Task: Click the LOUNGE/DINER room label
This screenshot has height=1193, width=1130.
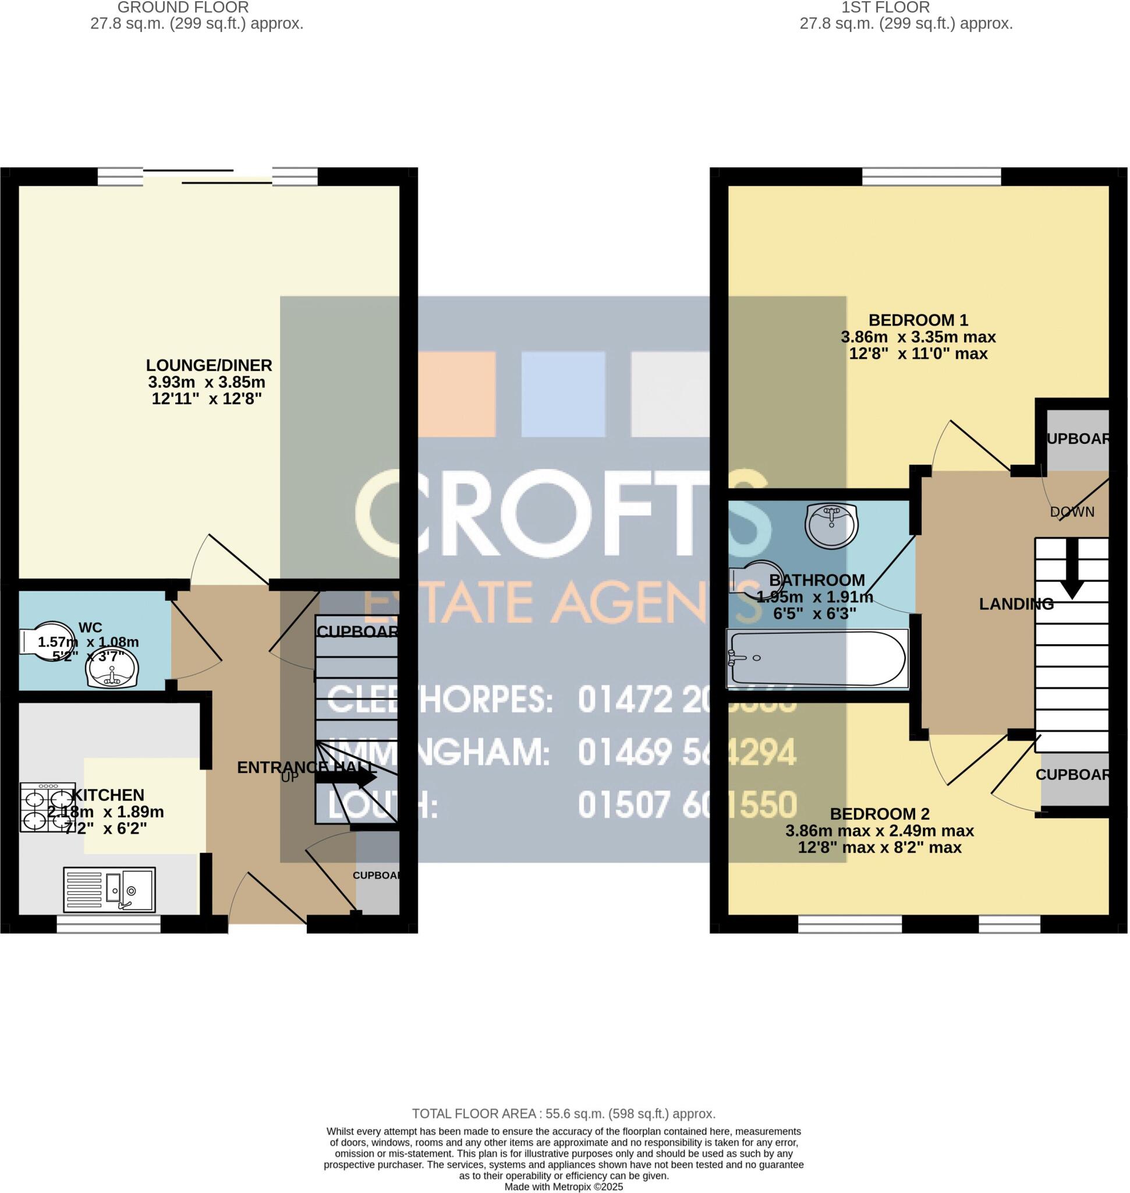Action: coord(209,365)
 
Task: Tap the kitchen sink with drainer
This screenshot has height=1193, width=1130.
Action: coord(109,890)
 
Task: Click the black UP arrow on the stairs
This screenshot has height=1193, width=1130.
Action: coord(346,778)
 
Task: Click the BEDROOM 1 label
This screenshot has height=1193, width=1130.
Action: coord(918,320)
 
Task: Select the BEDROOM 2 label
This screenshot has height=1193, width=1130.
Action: coord(880,814)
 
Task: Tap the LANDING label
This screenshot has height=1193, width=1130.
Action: coord(1016,604)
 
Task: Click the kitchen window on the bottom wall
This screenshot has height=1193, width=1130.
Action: coord(109,924)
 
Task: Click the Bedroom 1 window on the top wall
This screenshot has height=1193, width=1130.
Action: coord(931,177)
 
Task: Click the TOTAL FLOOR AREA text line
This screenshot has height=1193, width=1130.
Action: coord(564,1114)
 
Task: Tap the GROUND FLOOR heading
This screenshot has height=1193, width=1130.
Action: coord(183,8)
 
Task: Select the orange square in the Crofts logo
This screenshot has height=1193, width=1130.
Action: coord(456,394)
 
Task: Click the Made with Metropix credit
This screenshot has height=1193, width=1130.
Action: coord(564,1187)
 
